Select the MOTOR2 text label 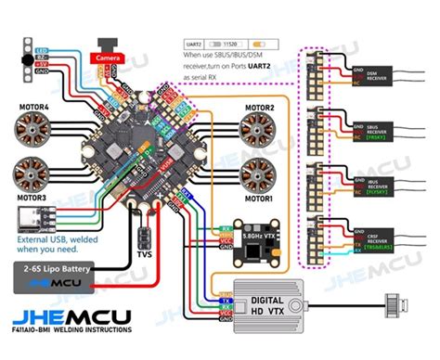pyautogui.click(x=261, y=108)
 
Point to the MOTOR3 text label pyautogui.click(x=34, y=198)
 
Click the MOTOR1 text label pyautogui.click(x=261, y=198)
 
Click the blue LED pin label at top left pyautogui.click(x=42, y=50)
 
